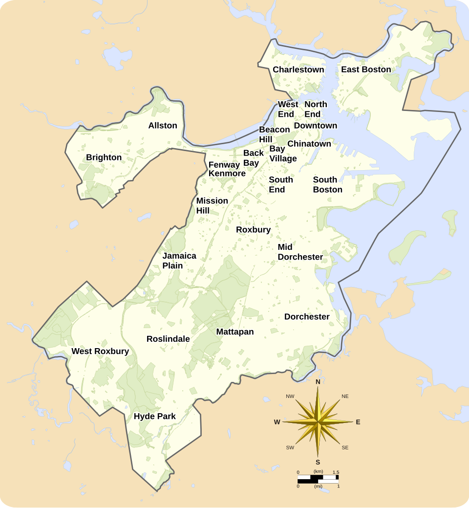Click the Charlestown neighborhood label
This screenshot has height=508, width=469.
tap(298, 69)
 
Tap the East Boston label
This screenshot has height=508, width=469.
tap(366, 69)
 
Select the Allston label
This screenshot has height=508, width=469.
tap(163, 126)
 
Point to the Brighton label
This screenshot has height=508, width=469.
tap(104, 157)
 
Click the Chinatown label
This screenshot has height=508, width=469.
tap(309, 144)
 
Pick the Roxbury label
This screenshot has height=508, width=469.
tap(253, 230)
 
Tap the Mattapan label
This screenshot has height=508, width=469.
tap(235, 332)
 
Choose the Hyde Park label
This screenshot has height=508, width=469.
tap(154, 417)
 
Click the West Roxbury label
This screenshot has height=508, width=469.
tap(100, 352)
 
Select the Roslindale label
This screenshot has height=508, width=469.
tap(168, 339)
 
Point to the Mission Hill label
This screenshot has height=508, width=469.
tap(212, 206)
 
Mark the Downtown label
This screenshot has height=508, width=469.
tap(315, 126)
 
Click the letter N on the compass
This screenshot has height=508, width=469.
tap(318, 382)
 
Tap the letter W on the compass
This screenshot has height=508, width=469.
tap(277, 422)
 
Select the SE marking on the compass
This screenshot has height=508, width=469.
tap(345, 447)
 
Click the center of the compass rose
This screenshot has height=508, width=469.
tap(318, 421)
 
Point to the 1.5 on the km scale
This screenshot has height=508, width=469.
tap(336, 472)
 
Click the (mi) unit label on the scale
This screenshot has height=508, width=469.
tap(318, 486)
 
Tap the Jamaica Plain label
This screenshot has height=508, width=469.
tap(179, 261)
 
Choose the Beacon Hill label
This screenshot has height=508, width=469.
tap(274, 134)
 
